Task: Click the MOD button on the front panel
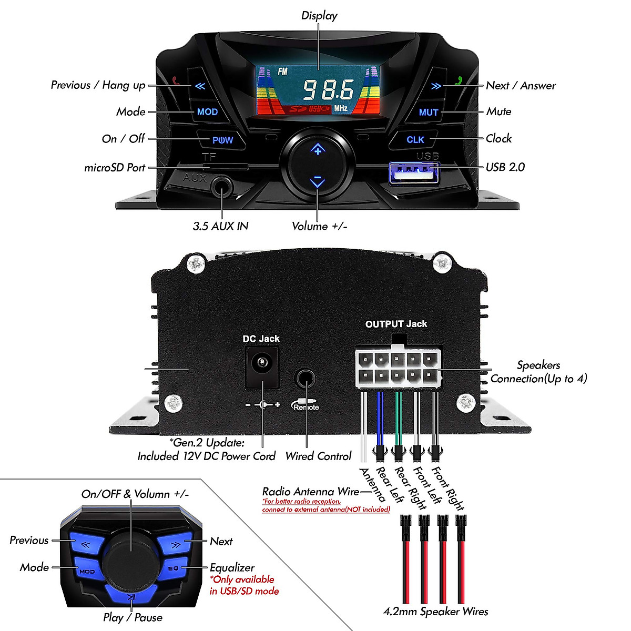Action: click(207, 111)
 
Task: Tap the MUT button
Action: click(428, 112)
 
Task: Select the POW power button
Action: click(222, 140)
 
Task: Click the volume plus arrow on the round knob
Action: click(318, 149)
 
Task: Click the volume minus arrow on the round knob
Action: click(317, 181)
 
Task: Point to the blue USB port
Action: click(413, 173)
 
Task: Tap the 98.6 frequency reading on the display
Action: click(329, 90)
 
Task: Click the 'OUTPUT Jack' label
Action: click(396, 324)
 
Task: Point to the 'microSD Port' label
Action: click(115, 168)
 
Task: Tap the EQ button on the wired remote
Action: click(174, 568)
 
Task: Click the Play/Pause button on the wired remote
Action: click(131, 596)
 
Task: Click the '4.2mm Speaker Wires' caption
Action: click(435, 612)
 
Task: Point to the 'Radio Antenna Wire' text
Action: click(311, 492)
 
